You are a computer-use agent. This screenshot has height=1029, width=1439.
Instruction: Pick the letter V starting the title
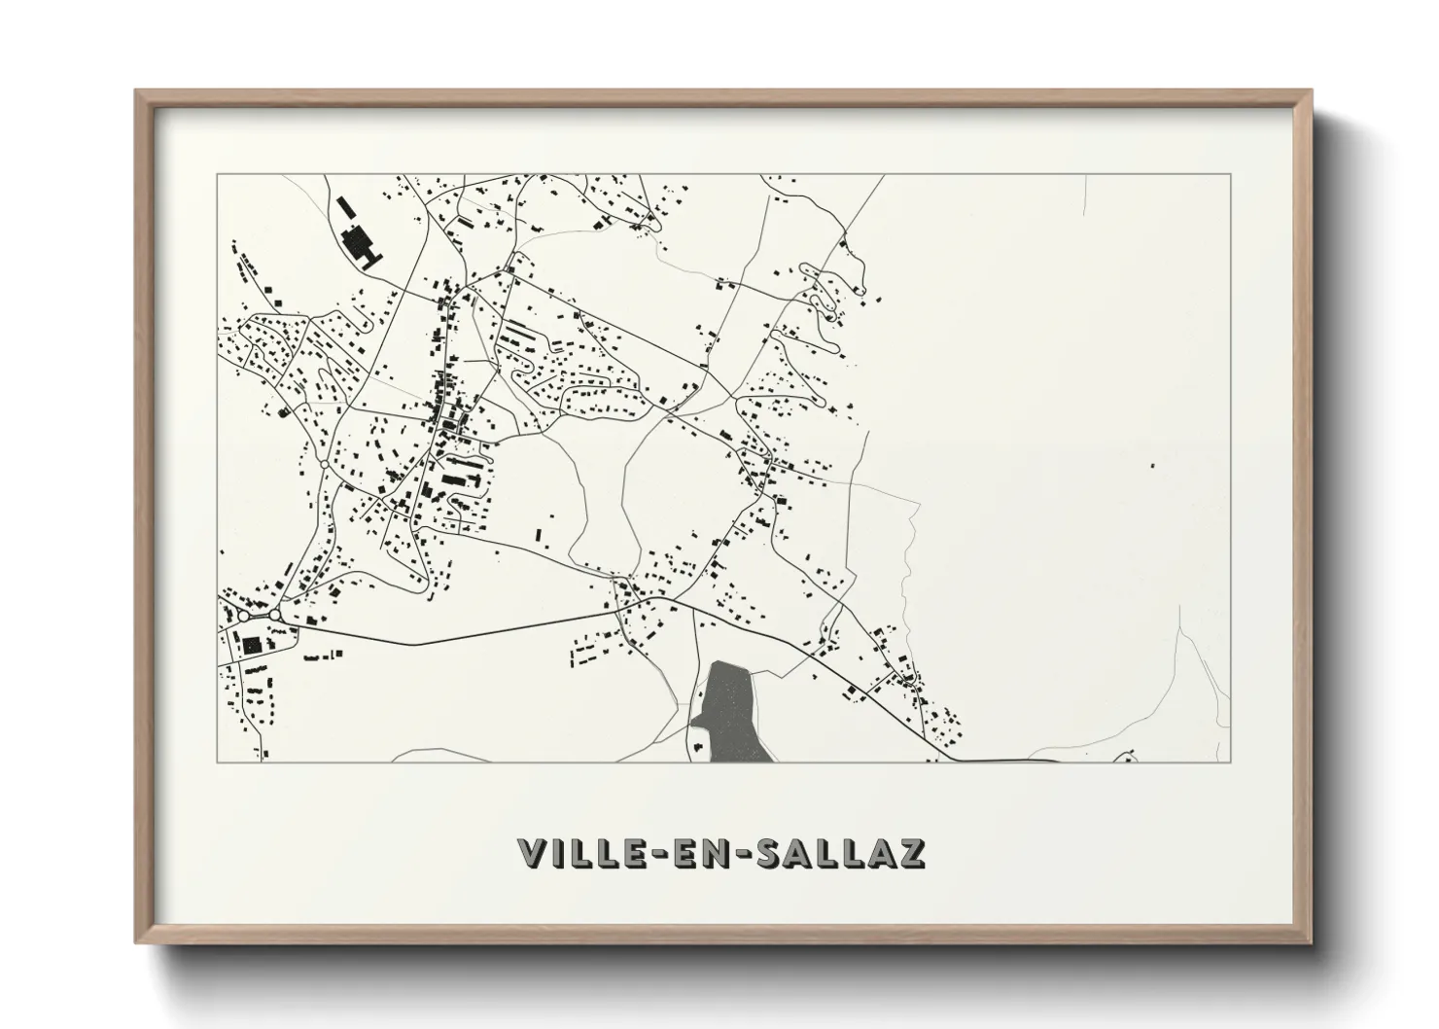tap(532, 853)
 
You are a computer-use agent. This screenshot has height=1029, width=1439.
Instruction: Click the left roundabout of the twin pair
tap(243, 616)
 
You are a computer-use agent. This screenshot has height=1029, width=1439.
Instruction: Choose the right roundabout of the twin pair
tap(275, 615)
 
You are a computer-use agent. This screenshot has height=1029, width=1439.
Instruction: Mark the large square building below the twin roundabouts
tap(252, 644)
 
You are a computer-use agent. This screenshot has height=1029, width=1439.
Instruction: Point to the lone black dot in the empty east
tap(1152, 466)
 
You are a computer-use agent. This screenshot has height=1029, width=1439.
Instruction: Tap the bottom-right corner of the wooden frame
tap(1309, 940)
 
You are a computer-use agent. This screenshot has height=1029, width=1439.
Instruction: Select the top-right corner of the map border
tap(1230, 175)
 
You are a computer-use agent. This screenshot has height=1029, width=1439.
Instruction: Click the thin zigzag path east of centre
tap(908, 574)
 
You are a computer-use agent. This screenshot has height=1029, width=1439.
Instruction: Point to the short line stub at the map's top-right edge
tap(1086, 195)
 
